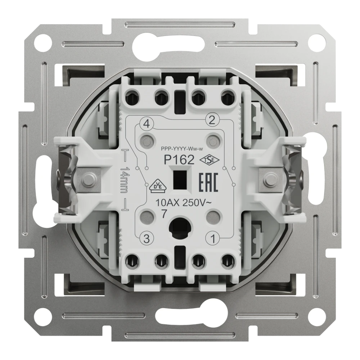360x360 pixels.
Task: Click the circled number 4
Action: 147,124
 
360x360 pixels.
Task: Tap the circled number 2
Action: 212,120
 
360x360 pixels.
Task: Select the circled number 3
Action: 147,239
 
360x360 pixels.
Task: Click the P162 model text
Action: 179,159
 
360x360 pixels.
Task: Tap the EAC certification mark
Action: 208,183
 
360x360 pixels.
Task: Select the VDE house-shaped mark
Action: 158,186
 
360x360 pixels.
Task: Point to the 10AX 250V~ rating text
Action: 183,203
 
